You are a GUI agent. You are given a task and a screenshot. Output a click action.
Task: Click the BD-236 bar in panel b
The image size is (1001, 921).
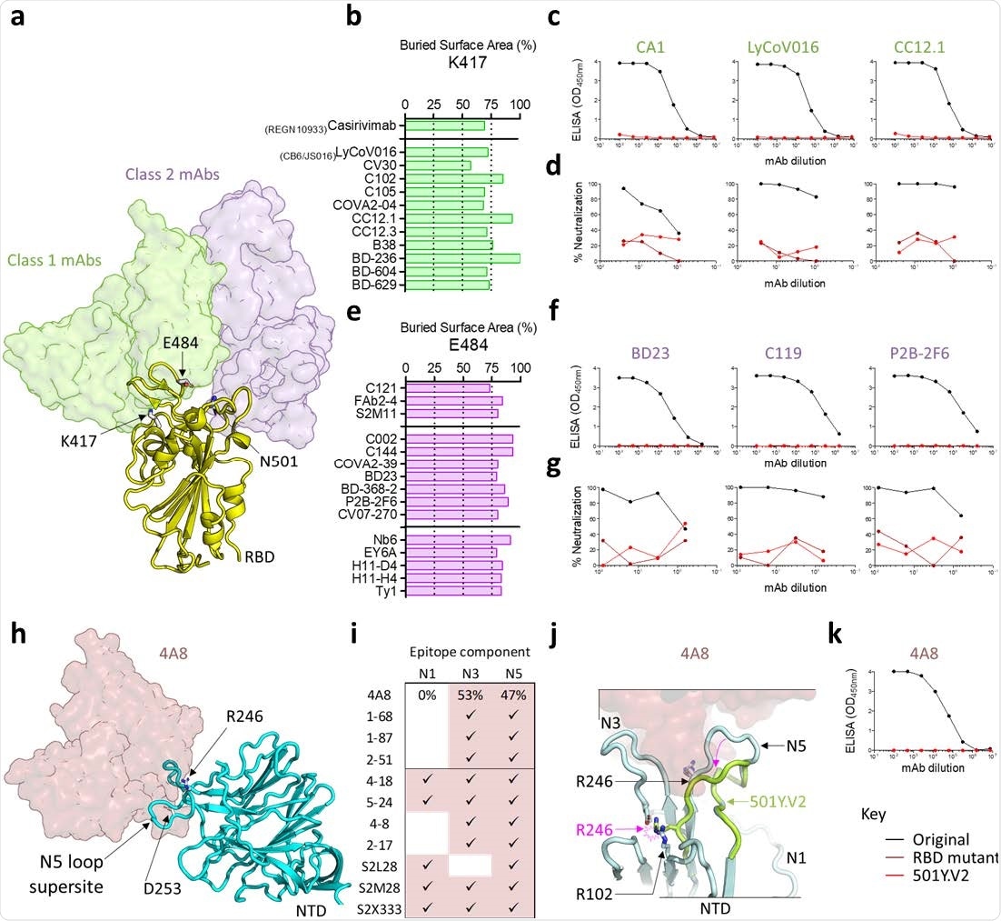coord(462,258)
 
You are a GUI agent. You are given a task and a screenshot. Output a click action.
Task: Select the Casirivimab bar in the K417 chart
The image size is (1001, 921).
coord(445,125)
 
